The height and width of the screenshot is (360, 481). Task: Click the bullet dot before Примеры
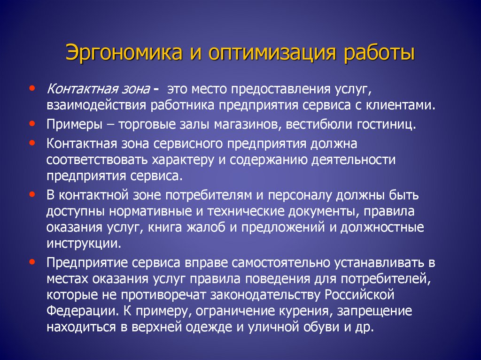31,124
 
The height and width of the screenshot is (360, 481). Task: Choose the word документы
319,212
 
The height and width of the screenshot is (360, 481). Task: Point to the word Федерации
74,311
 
